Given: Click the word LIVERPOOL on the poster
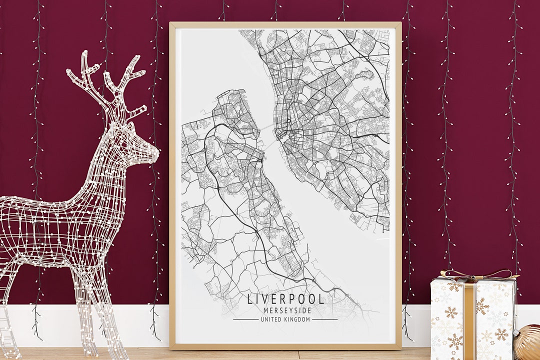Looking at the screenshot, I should (285, 299).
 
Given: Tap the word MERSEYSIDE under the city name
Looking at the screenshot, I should (285, 310).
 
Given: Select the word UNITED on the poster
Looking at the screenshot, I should (271, 319).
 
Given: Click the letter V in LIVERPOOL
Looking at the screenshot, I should (263, 299).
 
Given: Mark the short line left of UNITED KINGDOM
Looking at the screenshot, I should (245, 319).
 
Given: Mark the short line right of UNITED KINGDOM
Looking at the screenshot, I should (325, 319).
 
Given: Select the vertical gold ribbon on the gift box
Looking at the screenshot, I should (469, 320).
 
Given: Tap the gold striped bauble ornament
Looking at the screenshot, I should (529, 344).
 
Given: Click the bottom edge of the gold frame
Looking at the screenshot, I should (285, 346).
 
